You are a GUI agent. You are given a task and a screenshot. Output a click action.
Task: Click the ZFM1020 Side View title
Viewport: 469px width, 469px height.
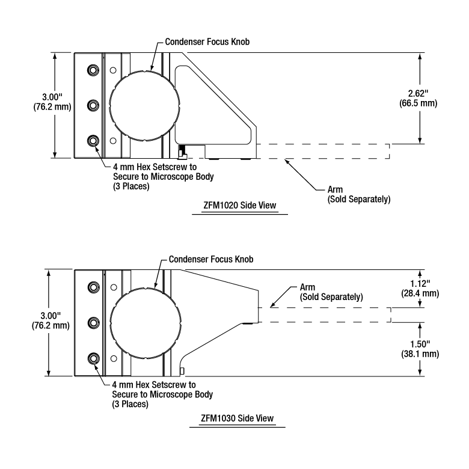(239, 206)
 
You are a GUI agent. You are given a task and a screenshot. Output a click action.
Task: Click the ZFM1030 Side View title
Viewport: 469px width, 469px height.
(237, 418)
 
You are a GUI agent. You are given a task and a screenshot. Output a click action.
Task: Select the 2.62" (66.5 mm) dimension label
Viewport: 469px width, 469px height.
(418, 99)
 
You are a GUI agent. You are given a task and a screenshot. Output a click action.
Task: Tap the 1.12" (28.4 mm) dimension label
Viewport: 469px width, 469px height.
(420, 289)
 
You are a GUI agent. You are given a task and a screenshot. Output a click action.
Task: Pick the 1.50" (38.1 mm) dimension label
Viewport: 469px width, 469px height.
(420, 349)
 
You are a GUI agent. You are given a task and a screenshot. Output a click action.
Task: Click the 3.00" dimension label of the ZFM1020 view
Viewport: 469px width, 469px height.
(52, 102)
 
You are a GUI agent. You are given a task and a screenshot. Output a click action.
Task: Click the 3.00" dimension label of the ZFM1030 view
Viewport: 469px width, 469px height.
(51, 320)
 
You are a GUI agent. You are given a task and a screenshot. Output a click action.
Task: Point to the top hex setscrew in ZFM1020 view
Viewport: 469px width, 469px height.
(93, 70)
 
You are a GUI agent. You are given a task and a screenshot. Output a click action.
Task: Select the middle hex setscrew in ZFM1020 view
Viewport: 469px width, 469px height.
(93, 105)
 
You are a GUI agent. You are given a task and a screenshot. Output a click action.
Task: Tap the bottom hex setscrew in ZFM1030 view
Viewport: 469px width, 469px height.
(94, 358)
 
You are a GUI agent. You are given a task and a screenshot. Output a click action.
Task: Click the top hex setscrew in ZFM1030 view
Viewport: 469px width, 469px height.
(94, 287)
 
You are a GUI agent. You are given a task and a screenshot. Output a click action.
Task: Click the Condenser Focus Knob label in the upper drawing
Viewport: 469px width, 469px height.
(207, 41)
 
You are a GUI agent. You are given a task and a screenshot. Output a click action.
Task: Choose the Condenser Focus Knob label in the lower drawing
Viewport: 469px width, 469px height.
(211, 259)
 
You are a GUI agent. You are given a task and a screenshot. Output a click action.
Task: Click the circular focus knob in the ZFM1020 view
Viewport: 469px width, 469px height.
(145, 106)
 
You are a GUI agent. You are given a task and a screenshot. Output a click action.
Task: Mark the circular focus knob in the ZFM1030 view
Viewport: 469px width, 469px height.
(146, 323)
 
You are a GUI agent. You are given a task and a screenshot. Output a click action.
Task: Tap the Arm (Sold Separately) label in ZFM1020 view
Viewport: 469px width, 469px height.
(359, 194)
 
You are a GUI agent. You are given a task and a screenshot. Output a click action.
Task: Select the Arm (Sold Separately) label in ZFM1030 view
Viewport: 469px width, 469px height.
(331, 292)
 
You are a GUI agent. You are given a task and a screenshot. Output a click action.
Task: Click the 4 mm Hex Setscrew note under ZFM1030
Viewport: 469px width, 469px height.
(162, 394)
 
